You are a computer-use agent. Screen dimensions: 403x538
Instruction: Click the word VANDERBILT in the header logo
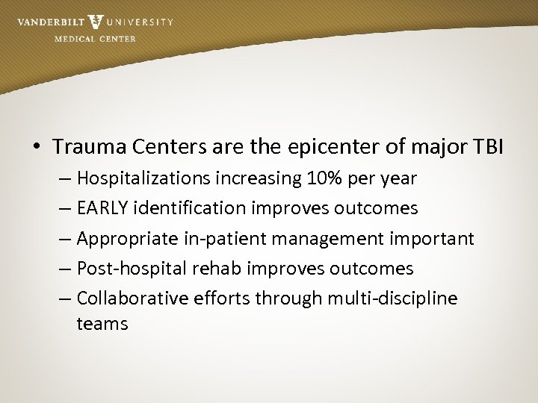click(49, 22)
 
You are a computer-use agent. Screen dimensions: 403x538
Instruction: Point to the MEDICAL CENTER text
click(95, 39)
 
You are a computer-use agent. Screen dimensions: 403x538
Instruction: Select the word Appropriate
click(124, 238)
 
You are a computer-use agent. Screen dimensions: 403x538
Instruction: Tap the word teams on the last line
click(102, 324)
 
